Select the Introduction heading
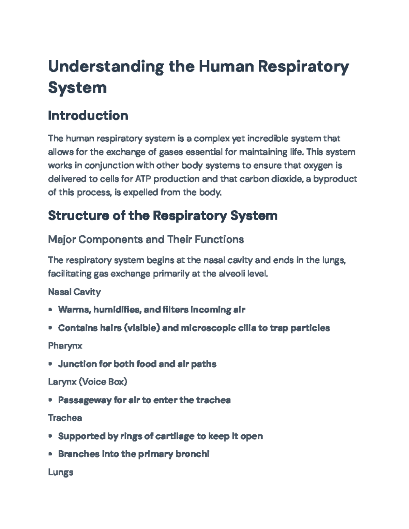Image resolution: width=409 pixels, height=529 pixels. click(88, 115)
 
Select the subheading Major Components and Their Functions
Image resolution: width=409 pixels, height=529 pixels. click(146, 239)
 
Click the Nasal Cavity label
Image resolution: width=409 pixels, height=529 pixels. click(74, 292)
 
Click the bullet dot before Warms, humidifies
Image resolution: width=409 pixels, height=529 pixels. click(50, 310)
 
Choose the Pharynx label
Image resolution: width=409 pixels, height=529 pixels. click(65, 346)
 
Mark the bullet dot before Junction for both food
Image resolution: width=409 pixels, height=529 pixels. click(50, 364)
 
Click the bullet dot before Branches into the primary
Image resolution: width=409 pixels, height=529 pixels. click(50, 454)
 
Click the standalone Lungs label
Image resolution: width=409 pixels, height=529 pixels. click(61, 472)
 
